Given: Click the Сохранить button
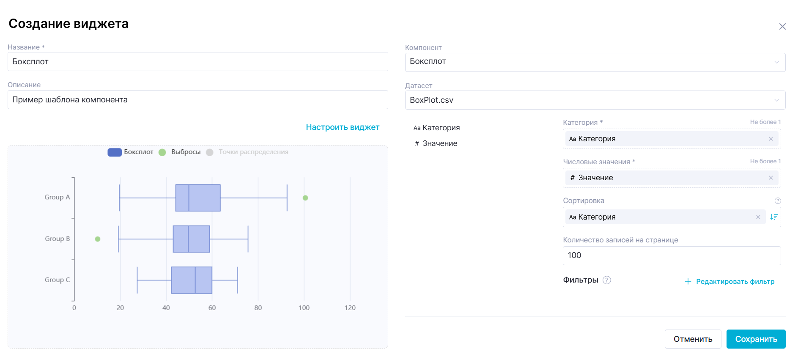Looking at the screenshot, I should [x=756, y=339].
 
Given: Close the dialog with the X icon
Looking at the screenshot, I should [x=782, y=27].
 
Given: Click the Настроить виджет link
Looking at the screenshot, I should [x=343, y=127].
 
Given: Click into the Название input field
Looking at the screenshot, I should [x=197, y=62].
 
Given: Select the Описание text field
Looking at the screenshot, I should [x=197, y=100].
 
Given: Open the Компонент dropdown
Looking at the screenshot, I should [x=595, y=62].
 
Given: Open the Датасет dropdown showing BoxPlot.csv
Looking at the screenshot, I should [x=595, y=100].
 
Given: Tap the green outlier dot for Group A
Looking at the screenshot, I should [x=305, y=198].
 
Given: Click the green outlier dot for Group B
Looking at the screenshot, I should [x=98, y=239].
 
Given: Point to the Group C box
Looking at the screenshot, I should [x=192, y=280].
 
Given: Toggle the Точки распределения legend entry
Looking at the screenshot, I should [x=253, y=152].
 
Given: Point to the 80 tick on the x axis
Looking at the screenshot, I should [x=258, y=308].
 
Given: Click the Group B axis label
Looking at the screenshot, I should [x=58, y=239].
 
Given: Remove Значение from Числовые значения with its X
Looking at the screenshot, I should [x=771, y=178].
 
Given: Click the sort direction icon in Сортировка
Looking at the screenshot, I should [x=773, y=217].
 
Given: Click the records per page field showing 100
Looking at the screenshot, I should [x=672, y=256].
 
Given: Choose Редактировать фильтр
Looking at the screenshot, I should [x=735, y=282].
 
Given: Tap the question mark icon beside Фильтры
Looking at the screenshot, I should [x=607, y=280].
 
